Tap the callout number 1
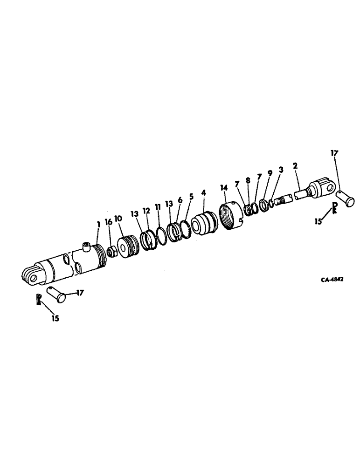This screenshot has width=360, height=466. click(x=98, y=224)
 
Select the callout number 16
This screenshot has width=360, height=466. click(x=108, y=223)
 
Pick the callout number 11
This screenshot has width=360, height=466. click(x=157, y=207)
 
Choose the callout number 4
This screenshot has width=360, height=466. click(x=203, y=192)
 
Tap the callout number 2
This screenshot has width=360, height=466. click(x=295, y=166)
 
